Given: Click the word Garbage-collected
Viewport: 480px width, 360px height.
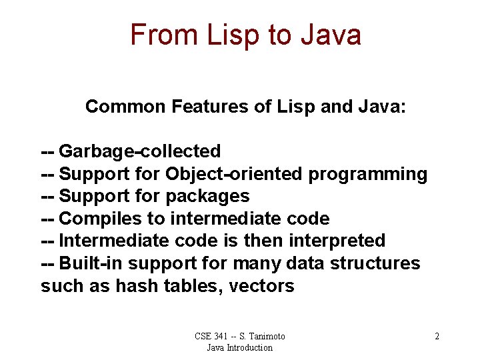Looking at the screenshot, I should [x=140, y=152].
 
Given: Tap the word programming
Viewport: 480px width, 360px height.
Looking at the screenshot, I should [x=367, y=174].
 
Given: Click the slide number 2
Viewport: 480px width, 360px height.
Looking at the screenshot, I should [x=437, y=337].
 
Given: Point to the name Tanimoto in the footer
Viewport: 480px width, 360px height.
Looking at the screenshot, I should [x=263, y=337].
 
